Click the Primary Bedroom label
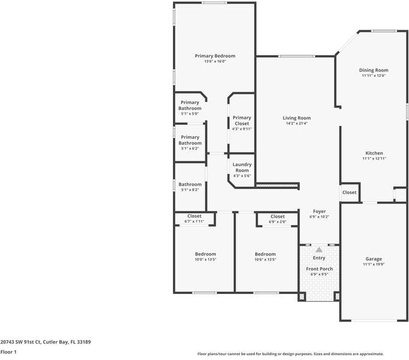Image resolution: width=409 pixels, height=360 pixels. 215,56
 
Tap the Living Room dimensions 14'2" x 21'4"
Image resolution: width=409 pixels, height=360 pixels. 297,124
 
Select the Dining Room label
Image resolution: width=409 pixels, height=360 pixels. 374,70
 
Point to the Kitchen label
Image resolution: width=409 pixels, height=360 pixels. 374,153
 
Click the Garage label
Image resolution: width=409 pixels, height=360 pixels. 374,259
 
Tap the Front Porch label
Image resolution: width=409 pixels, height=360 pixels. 319,269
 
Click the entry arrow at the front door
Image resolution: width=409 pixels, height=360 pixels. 319,249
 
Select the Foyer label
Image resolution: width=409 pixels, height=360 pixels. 319,211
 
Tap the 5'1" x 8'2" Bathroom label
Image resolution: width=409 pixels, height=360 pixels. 190,184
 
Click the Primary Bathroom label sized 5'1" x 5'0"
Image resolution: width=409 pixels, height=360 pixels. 190,105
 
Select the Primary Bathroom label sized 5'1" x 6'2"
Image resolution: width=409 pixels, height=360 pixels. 190,140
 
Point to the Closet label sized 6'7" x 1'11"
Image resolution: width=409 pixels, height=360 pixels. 194,216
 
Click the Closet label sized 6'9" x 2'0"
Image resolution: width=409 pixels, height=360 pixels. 277,217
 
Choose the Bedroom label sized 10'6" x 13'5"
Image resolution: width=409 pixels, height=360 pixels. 265,254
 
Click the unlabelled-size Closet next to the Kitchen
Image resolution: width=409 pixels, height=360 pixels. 349,193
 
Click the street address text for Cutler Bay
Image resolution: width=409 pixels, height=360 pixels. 46,341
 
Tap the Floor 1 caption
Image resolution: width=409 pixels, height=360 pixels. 9,352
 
